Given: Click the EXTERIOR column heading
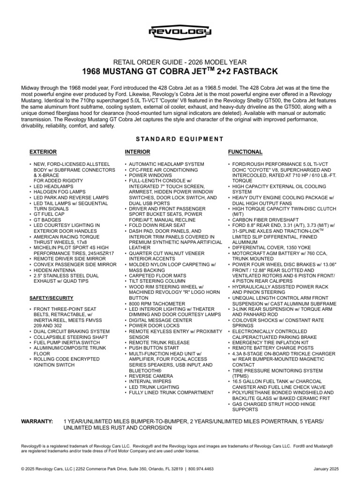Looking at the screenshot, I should [43, 152].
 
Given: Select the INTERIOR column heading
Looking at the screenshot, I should [137, 152].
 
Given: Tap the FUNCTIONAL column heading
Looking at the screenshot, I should [245, 152].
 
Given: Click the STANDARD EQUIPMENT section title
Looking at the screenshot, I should [180, 139].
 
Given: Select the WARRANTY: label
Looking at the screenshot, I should [37, 421].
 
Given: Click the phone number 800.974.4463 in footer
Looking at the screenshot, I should [201, 468].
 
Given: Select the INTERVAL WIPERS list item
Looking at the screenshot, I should [150, 382].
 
